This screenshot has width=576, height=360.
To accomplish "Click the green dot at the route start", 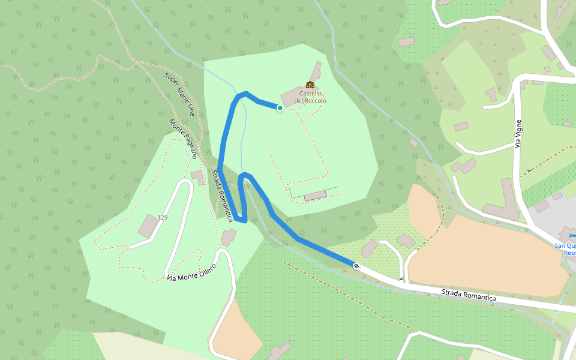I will point(280,108).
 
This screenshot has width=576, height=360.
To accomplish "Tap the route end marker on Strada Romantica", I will point(356,266).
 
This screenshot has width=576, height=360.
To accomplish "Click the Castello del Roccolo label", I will point(311,97).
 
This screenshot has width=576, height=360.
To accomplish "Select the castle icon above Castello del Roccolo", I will point(310,85).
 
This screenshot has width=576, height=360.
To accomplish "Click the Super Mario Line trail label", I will point(180,94).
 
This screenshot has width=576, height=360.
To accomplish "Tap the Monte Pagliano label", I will point(183,138).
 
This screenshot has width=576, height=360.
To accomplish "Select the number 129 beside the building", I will point(162,217).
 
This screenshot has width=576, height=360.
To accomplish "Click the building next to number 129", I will point(148,226).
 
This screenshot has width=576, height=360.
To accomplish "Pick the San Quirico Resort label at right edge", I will point(565,249).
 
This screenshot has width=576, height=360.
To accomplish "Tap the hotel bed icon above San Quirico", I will point(571,236).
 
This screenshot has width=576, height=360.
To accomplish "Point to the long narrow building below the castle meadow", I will point(316,196).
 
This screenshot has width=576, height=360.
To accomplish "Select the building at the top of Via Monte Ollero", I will point(228,238).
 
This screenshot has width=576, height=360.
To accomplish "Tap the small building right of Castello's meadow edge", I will point(414,143).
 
